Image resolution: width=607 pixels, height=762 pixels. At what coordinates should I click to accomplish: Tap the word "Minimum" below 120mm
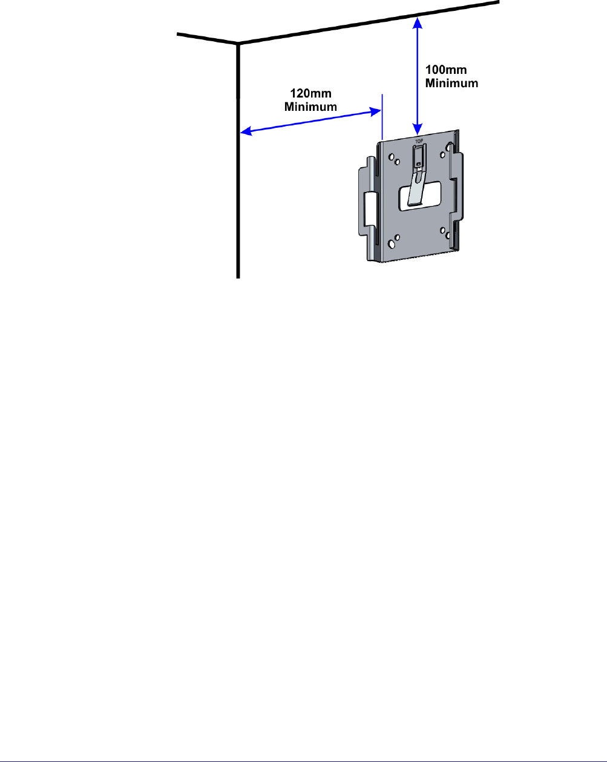click(x=311, y=107)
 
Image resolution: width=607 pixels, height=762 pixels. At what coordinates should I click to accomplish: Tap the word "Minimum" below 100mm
click(x=451, y=83)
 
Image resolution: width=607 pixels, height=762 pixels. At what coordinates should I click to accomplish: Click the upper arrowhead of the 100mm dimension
click(x=416, y=22)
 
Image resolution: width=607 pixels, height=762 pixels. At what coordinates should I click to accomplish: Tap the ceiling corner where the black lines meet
click(x=238, y=44)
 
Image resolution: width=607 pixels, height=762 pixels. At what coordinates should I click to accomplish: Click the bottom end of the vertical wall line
click(x=237, y=276)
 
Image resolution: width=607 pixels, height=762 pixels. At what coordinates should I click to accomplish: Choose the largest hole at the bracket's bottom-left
click(x=392, y=244)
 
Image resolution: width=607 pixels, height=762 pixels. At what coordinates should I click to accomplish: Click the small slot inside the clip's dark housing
click(x=418, y=163)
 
